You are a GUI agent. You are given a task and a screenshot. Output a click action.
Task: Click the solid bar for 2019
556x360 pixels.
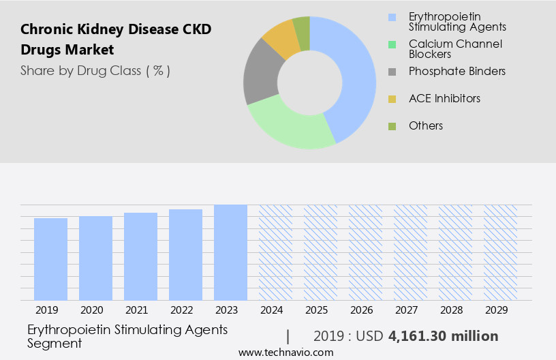[50, 259]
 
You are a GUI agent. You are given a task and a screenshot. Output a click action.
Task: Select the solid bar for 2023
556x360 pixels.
[230, 252]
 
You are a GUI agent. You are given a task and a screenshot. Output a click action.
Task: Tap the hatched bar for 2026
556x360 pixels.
[365, 252]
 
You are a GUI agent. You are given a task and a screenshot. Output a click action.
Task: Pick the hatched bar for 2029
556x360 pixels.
[500, 252]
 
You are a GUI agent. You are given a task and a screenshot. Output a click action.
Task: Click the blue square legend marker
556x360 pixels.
[391, 16]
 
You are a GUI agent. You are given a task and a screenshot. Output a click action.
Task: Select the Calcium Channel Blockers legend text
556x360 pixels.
[455, 49]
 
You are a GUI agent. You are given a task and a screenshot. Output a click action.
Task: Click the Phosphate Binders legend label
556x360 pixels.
[457, 71]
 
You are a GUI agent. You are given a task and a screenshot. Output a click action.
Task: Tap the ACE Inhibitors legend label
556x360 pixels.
[444, 98]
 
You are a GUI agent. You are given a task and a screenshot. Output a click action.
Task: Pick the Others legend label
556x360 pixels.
[426, 125]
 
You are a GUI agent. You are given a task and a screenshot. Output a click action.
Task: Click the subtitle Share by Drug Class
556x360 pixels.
[95, 70]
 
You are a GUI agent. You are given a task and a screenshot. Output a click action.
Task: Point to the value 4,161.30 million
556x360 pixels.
[443, 336]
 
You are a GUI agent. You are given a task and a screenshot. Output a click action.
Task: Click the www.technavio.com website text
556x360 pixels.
[285, 352]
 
